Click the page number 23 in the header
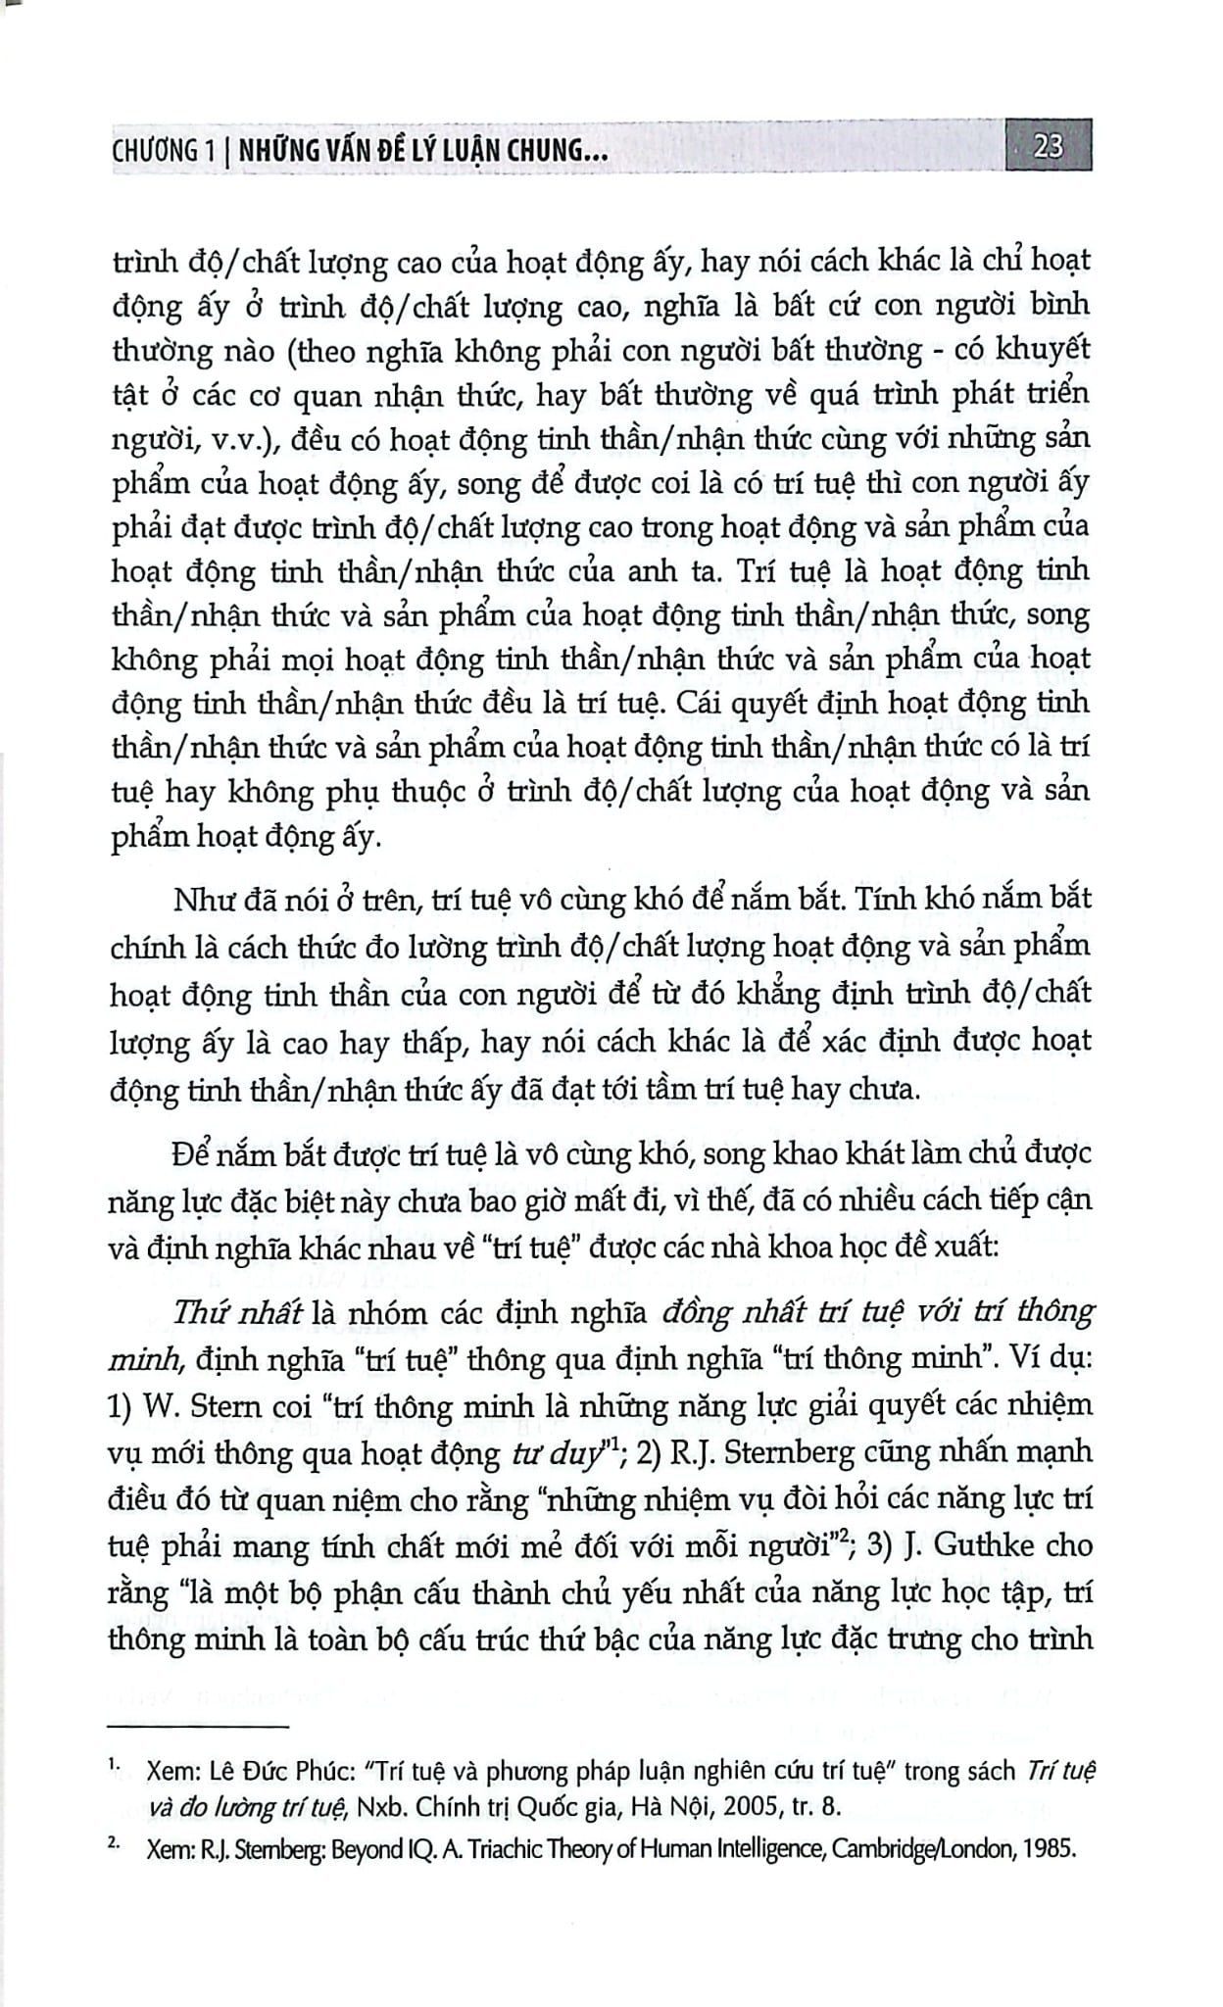pos(1049,147)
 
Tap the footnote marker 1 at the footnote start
pos(114,1766)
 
